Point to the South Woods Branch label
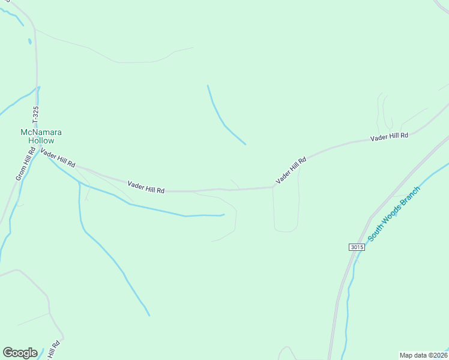tap(394, 214)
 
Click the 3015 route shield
tap(356, 247)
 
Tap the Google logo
tap(20, 353)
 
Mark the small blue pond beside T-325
tap(29, 42)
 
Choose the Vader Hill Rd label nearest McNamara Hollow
tap(58, 159)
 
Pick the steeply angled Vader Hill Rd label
tap(291, 170)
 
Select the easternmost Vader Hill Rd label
tap(389, 137)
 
